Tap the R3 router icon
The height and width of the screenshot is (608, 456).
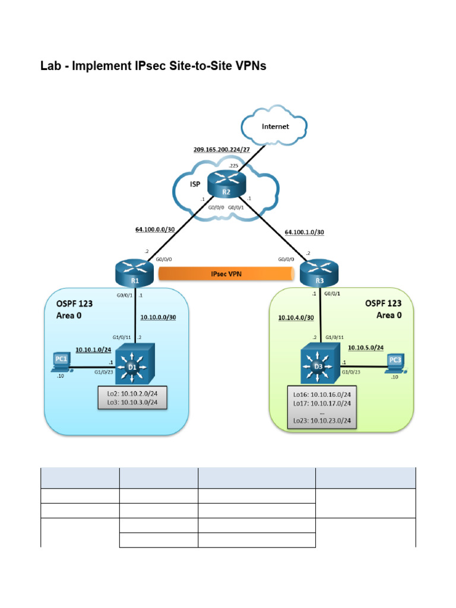coord(321,273)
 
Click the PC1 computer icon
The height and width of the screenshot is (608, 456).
coord(62,362)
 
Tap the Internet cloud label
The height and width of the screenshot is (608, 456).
coord(275,126)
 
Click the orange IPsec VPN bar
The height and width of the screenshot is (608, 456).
coord(226,273)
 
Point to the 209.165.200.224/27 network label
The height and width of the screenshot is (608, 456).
coord(221,149)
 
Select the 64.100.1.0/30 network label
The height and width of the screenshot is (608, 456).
coord(305,232)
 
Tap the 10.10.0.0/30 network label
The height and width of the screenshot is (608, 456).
coord(158,317)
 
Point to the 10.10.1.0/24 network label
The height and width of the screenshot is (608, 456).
coord(93,350)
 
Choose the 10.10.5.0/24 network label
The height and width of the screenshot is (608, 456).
coord(366,347)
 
